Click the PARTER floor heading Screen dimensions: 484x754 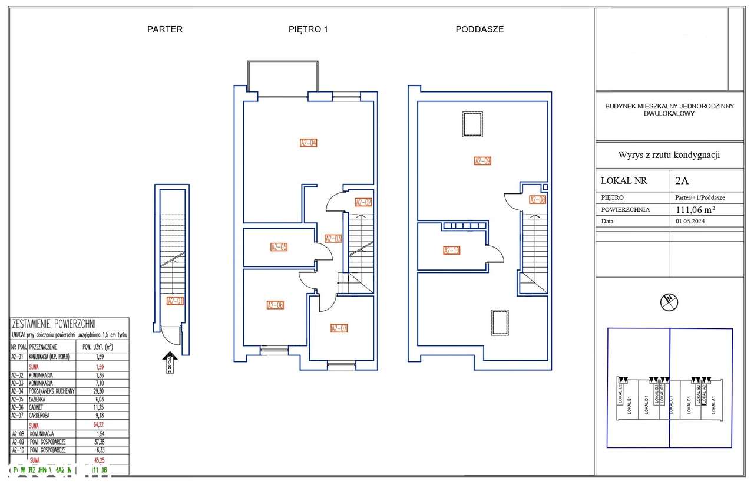pyautogui.click(x=165, y=29)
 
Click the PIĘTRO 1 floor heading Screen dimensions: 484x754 pyautogui.click(x=303, y=29)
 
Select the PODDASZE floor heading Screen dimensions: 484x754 pyautogui.click(x=479, y=29)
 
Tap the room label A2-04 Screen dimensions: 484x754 pyautogui.click(x=309, y=143)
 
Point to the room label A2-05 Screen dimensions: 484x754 pyautogui.click(x=279, y=247)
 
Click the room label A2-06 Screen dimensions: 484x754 pyautogui.click(x=275, y=305)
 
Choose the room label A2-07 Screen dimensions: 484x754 pyautogui.click(x=339, y=328)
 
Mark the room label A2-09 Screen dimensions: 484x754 pyautogui.click(x=483, y=160)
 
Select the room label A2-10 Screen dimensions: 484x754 pyautogui.click(x=452, y=250)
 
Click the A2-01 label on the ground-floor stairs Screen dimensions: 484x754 pyautogui.click(x=175, y=301)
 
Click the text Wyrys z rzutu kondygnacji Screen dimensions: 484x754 pyautogui.click(x=669, y=155)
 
